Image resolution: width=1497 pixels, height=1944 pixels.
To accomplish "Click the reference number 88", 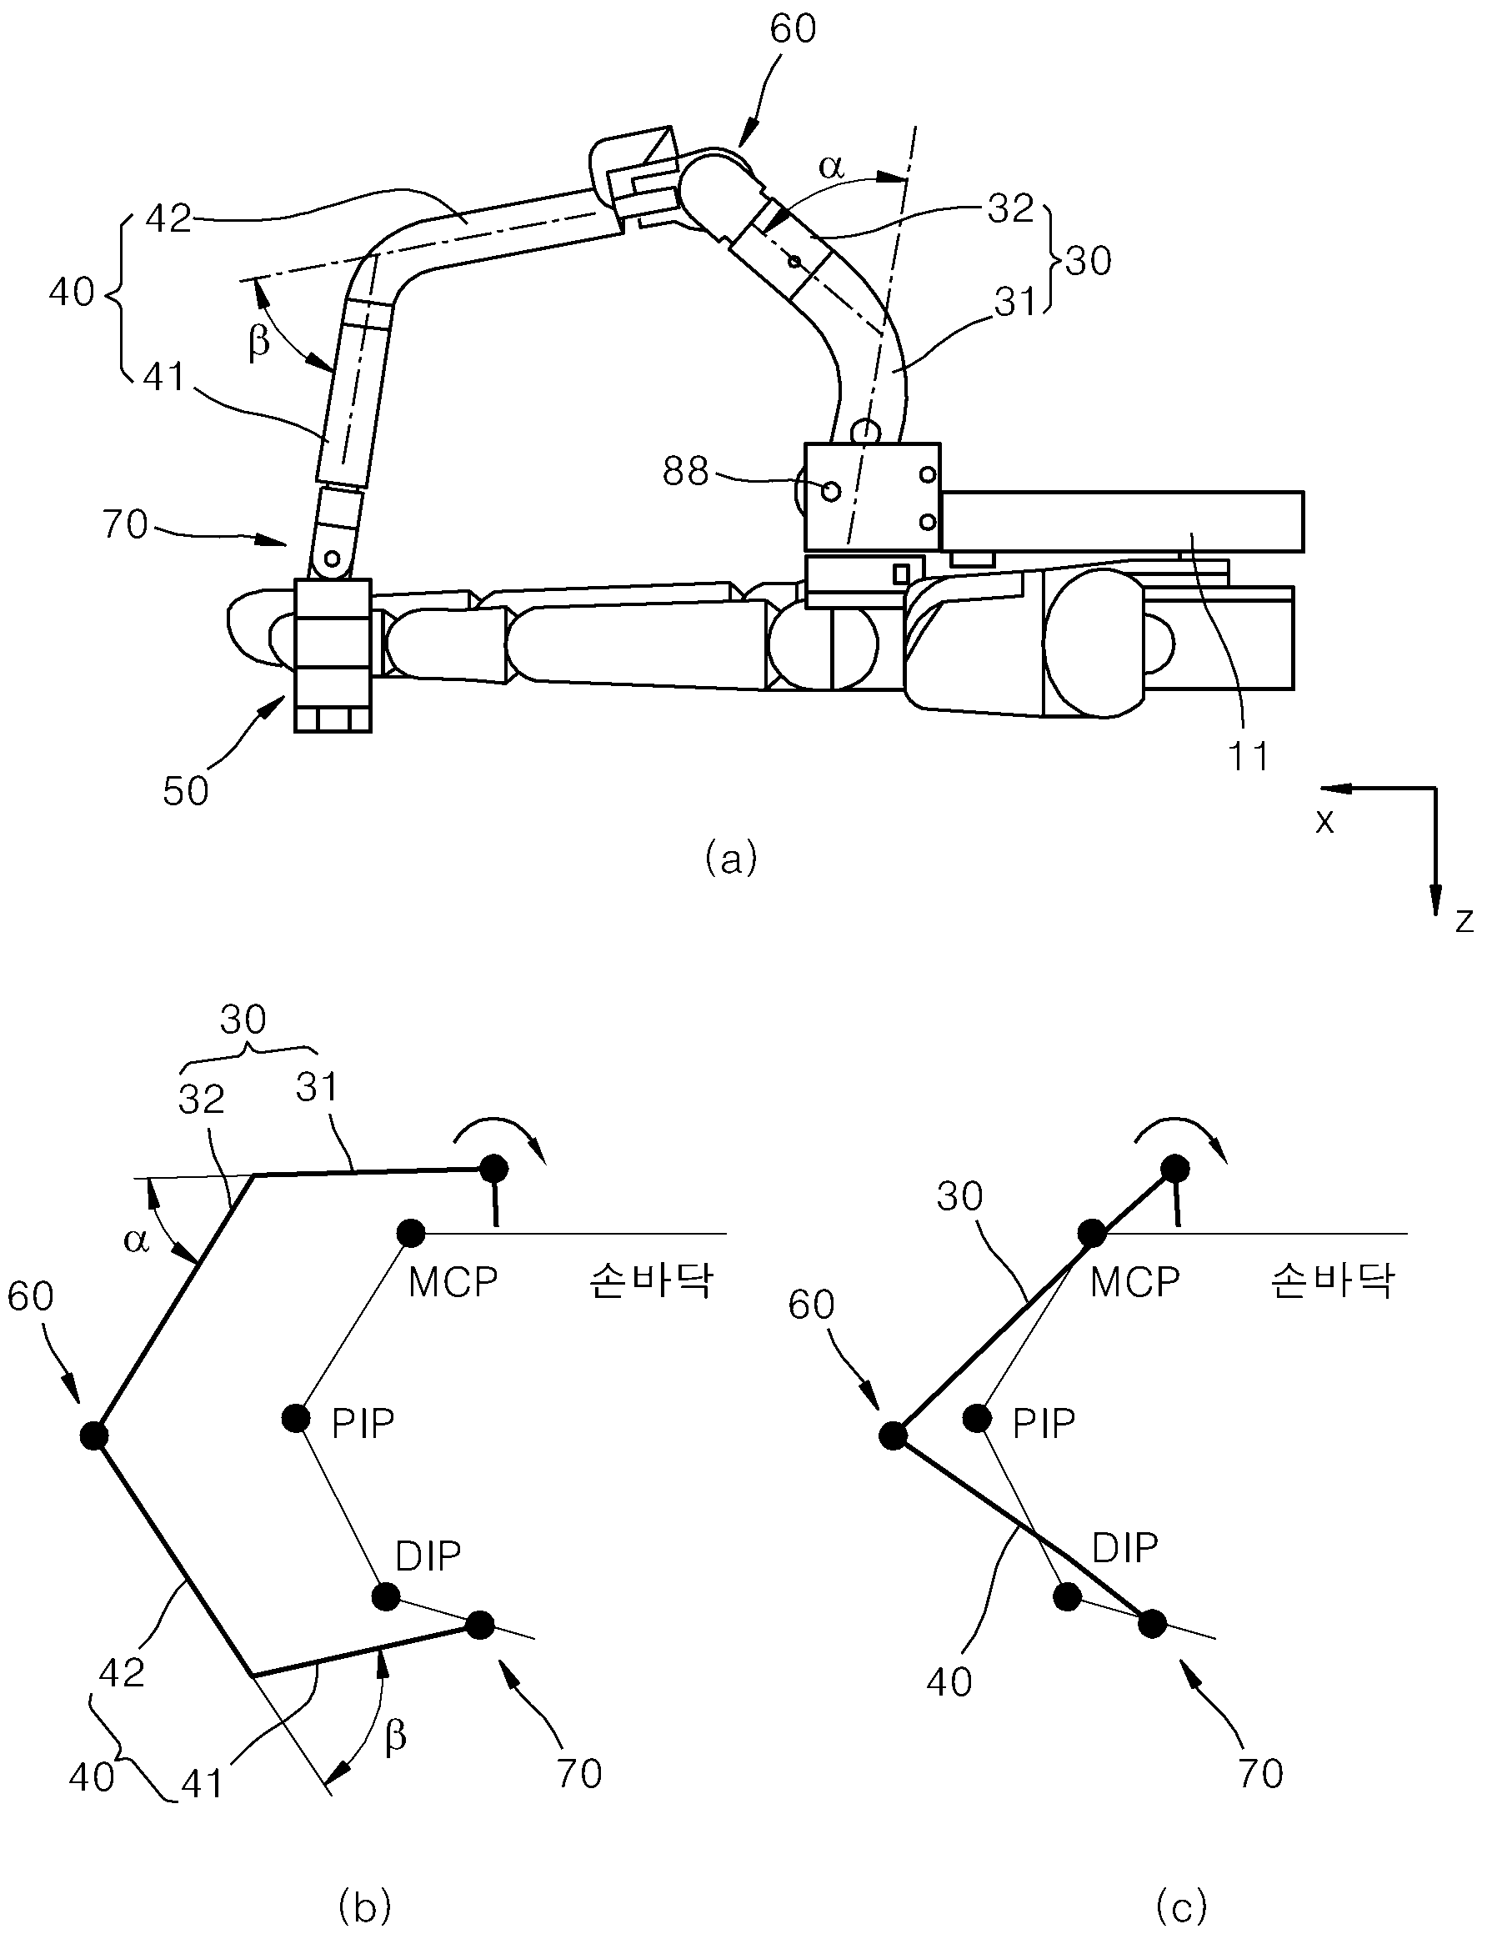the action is pyautogui.click(x=685, y=472).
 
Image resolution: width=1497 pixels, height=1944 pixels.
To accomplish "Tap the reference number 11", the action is pyautogui.click(x=1248, y=757).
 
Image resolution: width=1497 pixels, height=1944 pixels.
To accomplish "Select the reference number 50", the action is pyautogui.click(x=186, y=790).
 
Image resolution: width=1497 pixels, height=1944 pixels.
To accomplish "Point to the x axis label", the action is pyautogui.click(x=1325, y=820).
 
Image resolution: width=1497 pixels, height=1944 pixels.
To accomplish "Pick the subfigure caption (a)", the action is pyautogui.click(x=731, y=859).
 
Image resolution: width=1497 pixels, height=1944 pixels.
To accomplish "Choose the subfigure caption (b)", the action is pyautogui.click(x=366, y=1906).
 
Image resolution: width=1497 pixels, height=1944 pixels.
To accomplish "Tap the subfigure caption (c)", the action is pyautogui.click(x=1182, y=1906).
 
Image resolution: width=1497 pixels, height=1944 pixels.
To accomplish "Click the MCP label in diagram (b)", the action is pyautogui.click(x=453, y=1283).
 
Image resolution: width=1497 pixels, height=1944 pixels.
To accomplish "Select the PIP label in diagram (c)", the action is pyautogui.click(x=1044, y=1424).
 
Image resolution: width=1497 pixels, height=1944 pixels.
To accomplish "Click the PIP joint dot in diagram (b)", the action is pyautogui.click(x=297, y=1418).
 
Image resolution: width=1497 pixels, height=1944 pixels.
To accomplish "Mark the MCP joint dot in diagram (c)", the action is pyautogui.click(x=1092, y=1234).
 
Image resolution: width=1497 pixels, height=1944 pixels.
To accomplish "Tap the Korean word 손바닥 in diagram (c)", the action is pyautogui.click(x=1332, y=1282).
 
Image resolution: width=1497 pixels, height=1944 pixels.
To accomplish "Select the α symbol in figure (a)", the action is pyautogui.click(x=830, y=167).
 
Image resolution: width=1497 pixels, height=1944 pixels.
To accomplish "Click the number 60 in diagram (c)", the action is pyautogui.click(x=812, y=1305).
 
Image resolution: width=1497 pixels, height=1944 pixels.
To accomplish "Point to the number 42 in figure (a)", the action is pyautogui.click(x=168, y=218).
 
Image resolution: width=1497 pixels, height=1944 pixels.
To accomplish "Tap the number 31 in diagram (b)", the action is pyautogui.click(x=317, y=1088).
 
